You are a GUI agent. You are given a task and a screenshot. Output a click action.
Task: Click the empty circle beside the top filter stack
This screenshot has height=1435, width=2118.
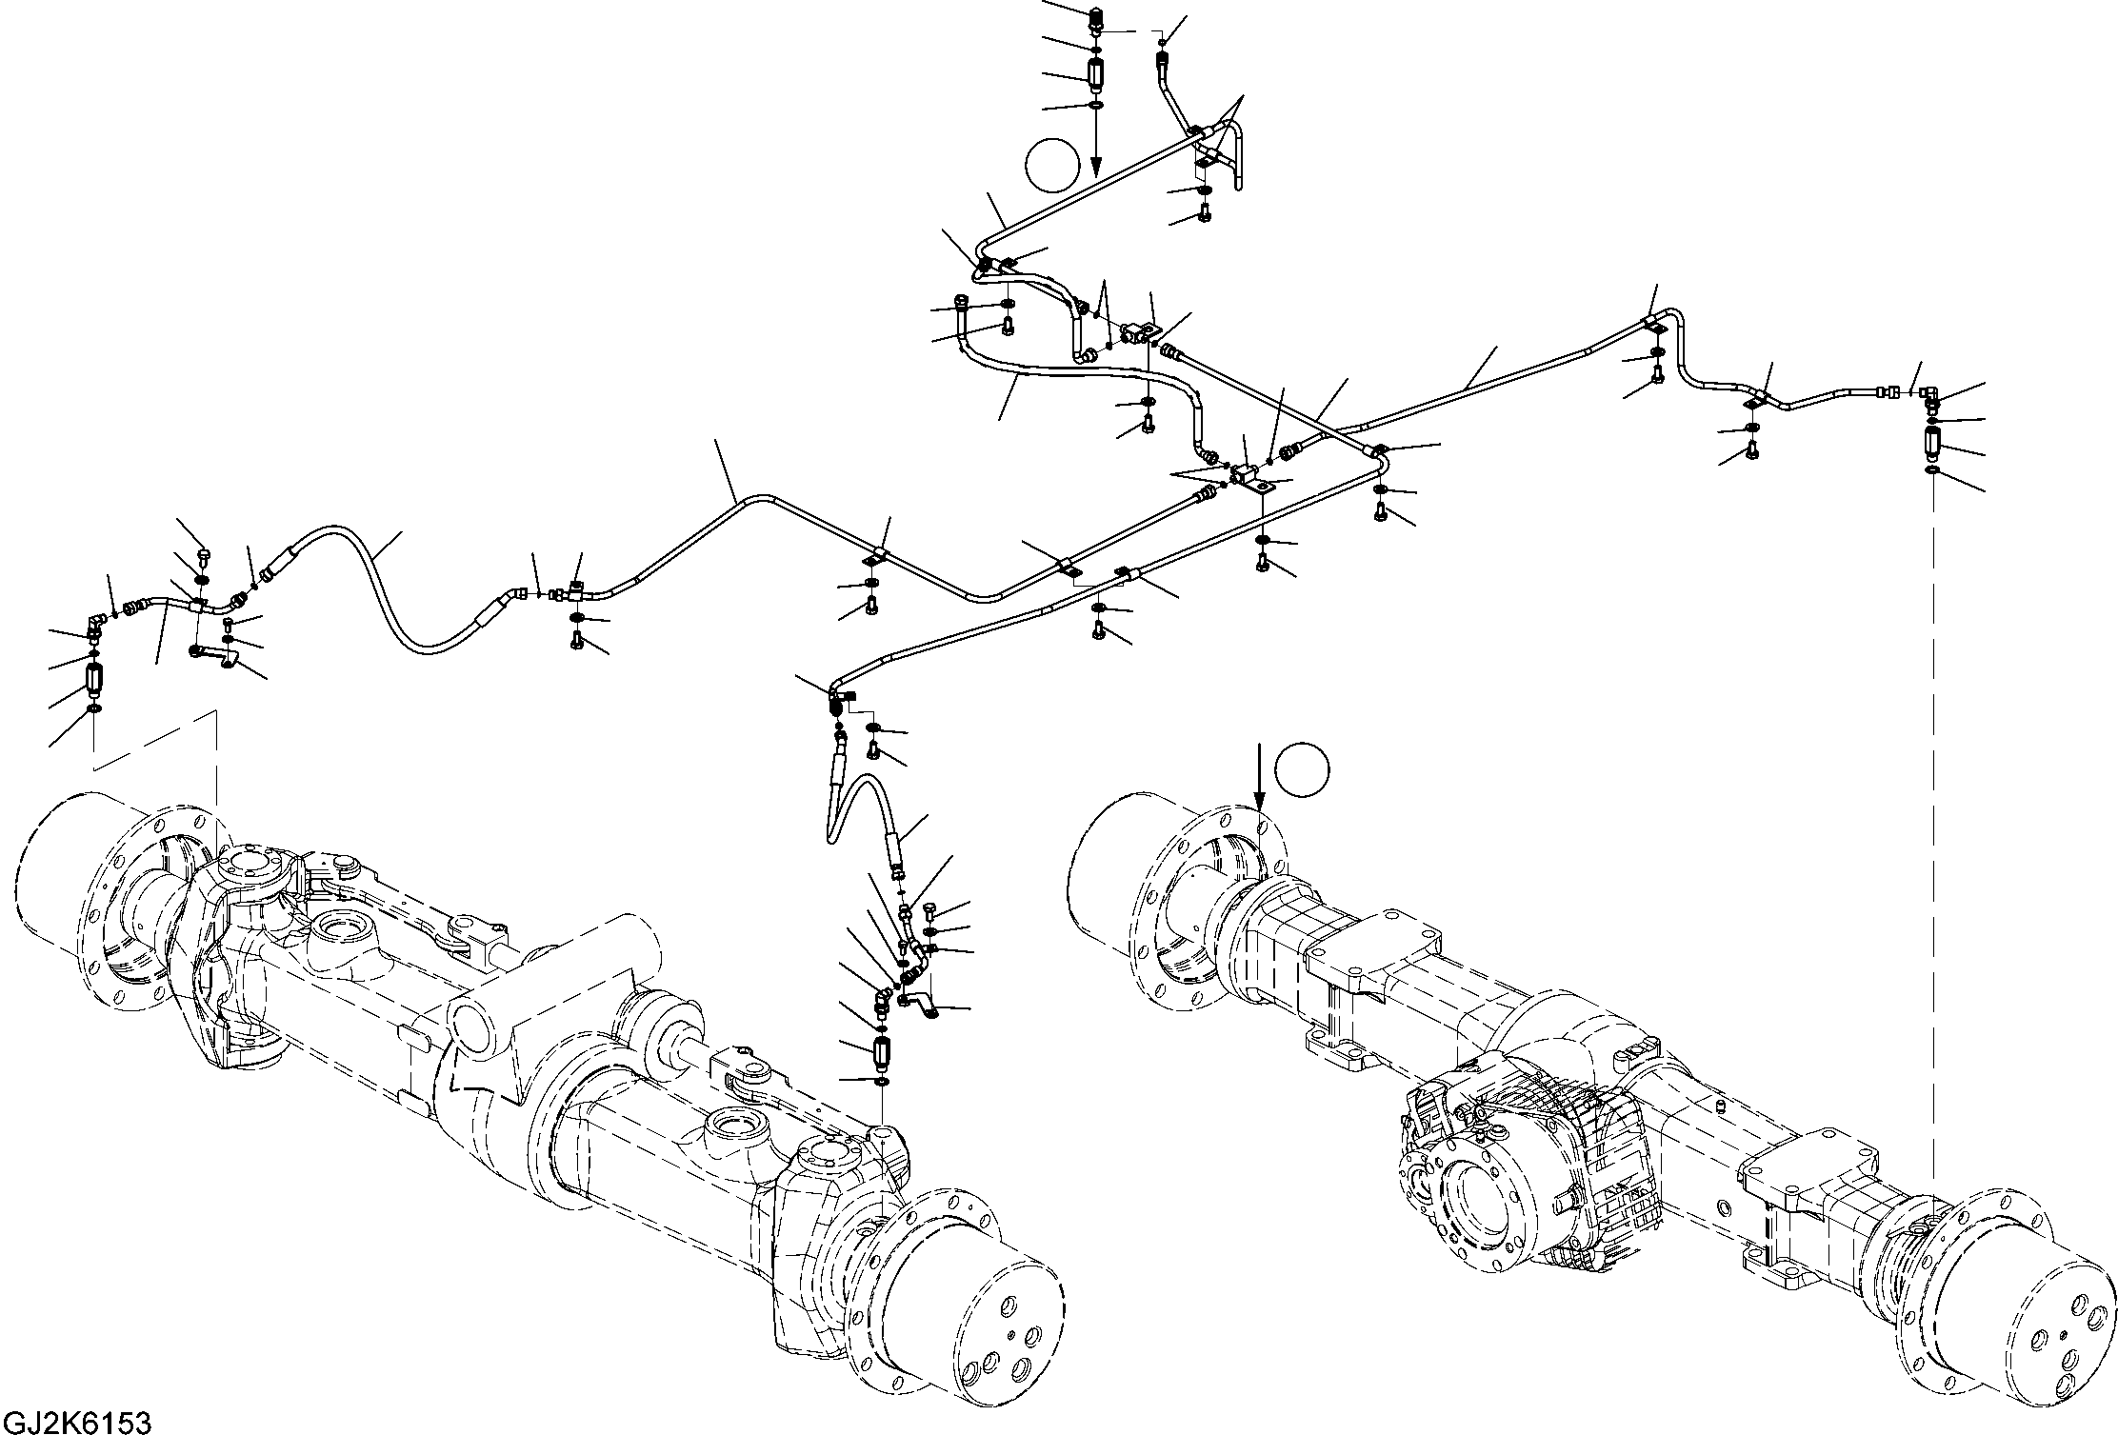coord(1052,165)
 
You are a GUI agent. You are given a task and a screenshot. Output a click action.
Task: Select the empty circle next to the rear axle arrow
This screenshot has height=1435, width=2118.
coord(1302,769)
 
